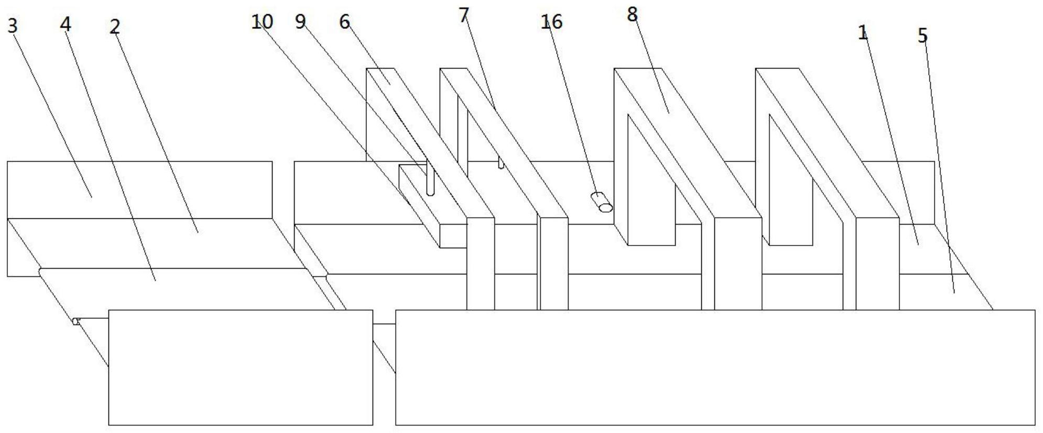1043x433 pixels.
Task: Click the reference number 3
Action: (x=13, y=26)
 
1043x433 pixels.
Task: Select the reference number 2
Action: (x=115, y=27)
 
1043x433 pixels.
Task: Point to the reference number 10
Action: (x=262, y=22)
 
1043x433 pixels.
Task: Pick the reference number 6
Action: (x=344, y=22)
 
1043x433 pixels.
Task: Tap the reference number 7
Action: (x=463, y=16)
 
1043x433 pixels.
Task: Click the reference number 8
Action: (x=633, y=15)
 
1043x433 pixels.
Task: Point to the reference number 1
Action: (x=863, y=33)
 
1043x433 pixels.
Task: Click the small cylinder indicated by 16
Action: (x=602, y=203)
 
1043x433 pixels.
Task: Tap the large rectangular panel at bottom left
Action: (x=241, y=367)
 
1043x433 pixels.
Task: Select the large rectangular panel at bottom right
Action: (x=715, y=367)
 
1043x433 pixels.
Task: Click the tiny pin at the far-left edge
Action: (x=76, y=321)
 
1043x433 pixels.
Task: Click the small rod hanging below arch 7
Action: (x=501, y=163)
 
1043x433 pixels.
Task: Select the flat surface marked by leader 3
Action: (x=139, y=190)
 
